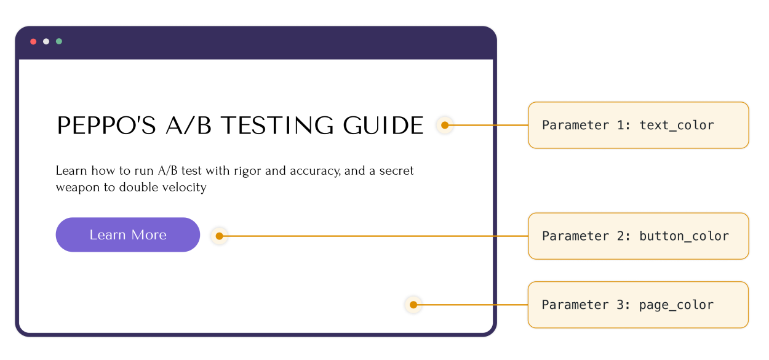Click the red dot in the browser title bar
33,41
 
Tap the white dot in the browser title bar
46,41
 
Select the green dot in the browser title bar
59,41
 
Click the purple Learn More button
128,234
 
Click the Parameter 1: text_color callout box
638,125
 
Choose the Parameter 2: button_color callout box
638,236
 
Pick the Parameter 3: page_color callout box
638,305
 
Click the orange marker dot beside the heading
445,125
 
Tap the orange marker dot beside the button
219,236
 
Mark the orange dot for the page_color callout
413,305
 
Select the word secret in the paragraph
395,170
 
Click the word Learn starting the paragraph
71,170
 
